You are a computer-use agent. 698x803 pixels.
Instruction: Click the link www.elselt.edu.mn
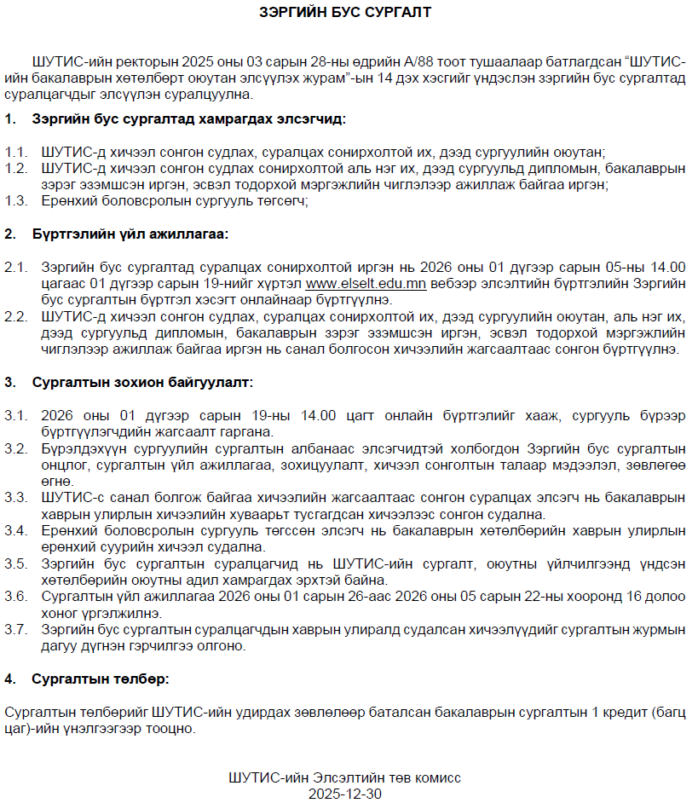point(366,283)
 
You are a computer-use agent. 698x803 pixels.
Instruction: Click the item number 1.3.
point(16,201)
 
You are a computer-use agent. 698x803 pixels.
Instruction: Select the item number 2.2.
point(16,317)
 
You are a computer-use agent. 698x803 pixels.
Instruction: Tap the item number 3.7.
point(16,631)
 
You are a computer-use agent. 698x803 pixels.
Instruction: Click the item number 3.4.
point(16,531)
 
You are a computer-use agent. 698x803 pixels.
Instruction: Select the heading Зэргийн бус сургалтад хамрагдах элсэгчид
point(189,120)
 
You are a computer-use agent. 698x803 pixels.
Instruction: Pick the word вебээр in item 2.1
point(453,283)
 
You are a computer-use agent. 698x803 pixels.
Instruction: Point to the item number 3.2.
point(16,448)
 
